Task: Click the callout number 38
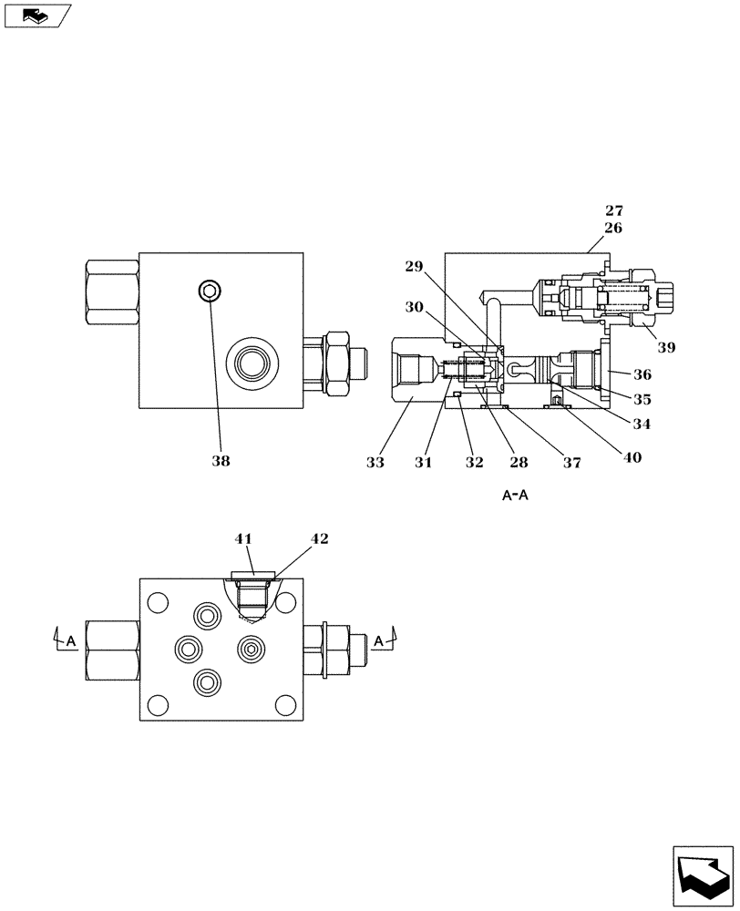(221, 461)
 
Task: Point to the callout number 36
(642, 374)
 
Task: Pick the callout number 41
(242, 538)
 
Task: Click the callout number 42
(318, 538)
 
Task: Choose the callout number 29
(416, 266)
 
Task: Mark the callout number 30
(416, 308)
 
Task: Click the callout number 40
(631, 458)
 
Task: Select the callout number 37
(571, 463)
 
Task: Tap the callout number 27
(613, 211)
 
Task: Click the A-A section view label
(517, 496)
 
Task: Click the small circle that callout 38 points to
(211, 291)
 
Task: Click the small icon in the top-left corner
(34, 15)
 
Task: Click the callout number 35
(642, 398)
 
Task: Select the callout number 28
(519, 463)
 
